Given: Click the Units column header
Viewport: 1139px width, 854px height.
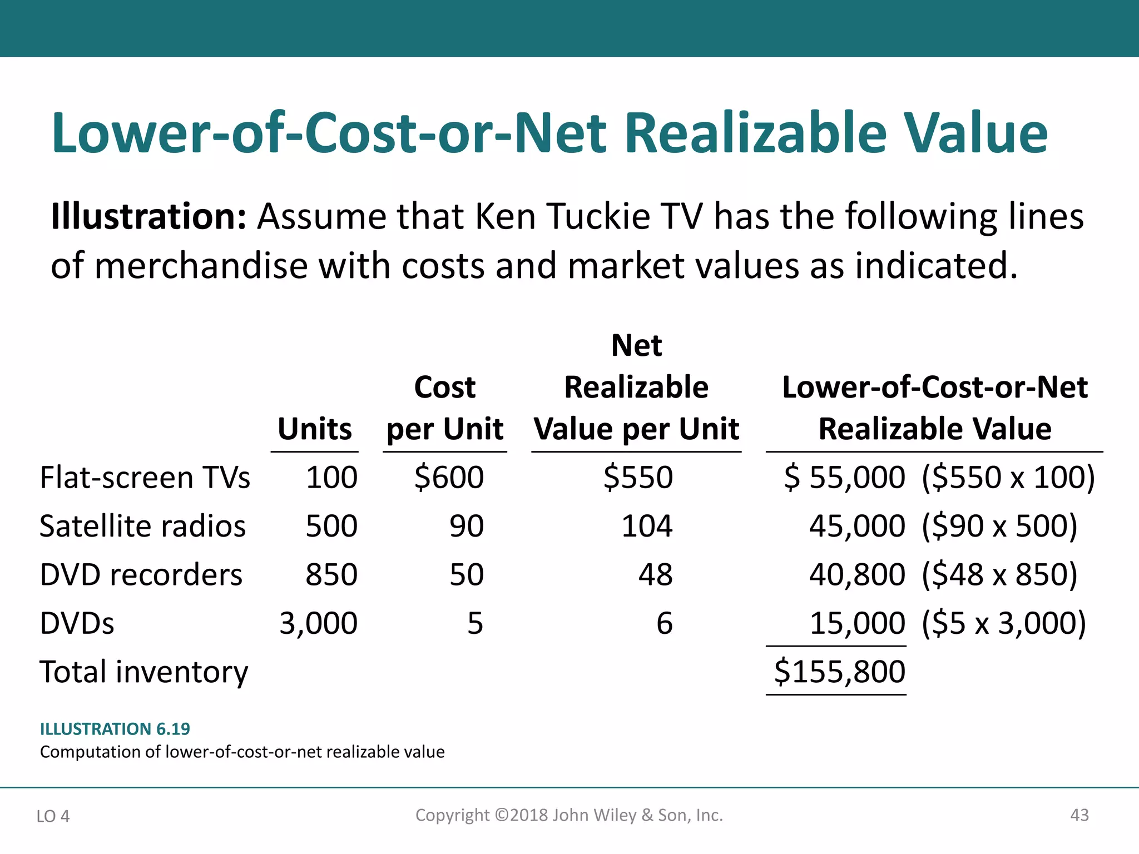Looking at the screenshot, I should (x=315, y=429).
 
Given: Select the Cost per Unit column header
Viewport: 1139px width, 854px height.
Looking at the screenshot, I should (x=445, y=408).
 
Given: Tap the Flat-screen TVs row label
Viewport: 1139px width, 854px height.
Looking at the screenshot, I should (x=145, y=478).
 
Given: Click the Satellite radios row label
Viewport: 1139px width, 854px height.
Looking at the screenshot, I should (x=142, y=526).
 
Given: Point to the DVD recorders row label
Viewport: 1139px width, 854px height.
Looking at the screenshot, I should (x=141, y=574).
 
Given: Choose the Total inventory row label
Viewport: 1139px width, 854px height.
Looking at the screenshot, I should (x=144, y=672).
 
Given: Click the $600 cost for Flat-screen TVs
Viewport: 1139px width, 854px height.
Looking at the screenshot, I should (x=449, y=478).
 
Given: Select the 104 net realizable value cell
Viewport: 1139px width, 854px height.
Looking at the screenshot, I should (x=647, y=526).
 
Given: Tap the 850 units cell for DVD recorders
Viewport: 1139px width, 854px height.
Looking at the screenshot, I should (x=331, y=574).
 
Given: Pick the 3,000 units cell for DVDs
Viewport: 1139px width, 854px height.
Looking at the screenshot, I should (x=318, y=623).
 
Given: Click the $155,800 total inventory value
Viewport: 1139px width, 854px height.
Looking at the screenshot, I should (x=840, y=672).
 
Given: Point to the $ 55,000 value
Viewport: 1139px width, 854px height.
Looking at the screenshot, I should (x=845, y=478).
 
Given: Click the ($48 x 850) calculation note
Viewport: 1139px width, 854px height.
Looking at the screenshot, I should (x=999, y=574).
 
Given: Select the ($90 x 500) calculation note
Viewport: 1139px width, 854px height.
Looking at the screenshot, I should (x=999, y=526).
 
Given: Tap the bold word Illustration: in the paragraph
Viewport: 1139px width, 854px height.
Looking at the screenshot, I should (x=148, y=216).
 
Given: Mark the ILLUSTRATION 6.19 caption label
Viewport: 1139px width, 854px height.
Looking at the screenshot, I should (x=115, y=729).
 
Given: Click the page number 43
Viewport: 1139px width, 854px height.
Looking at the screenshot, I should (x=1079, y=815).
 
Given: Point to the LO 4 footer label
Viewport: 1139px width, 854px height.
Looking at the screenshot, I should (x=53, y=816).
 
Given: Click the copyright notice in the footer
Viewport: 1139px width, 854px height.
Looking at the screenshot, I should (x=569, y=815).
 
